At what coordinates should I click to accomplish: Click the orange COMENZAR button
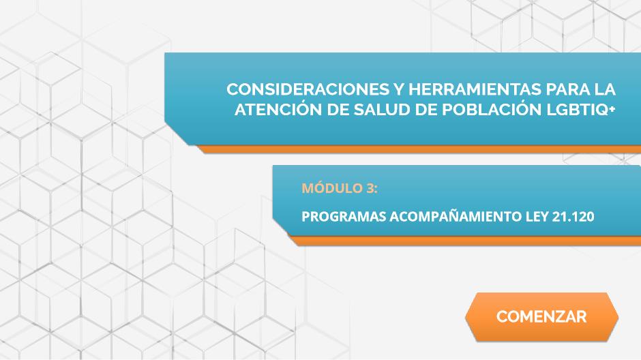[x=541, y=316]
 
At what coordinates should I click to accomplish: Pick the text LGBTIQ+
[x=580, y=110]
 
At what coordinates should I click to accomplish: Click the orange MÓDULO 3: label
[x=340, y=188]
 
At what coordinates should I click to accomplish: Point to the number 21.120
[x=573, y=217]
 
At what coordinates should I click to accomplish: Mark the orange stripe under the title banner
[x=419, y=149]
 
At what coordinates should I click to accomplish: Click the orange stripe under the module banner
[x=465, y=241]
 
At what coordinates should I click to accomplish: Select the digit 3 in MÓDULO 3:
[x=370, y=188]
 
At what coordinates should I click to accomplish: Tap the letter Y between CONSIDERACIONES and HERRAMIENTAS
[x=399, y=89]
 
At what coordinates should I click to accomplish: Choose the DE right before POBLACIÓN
[x=426, y=110]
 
